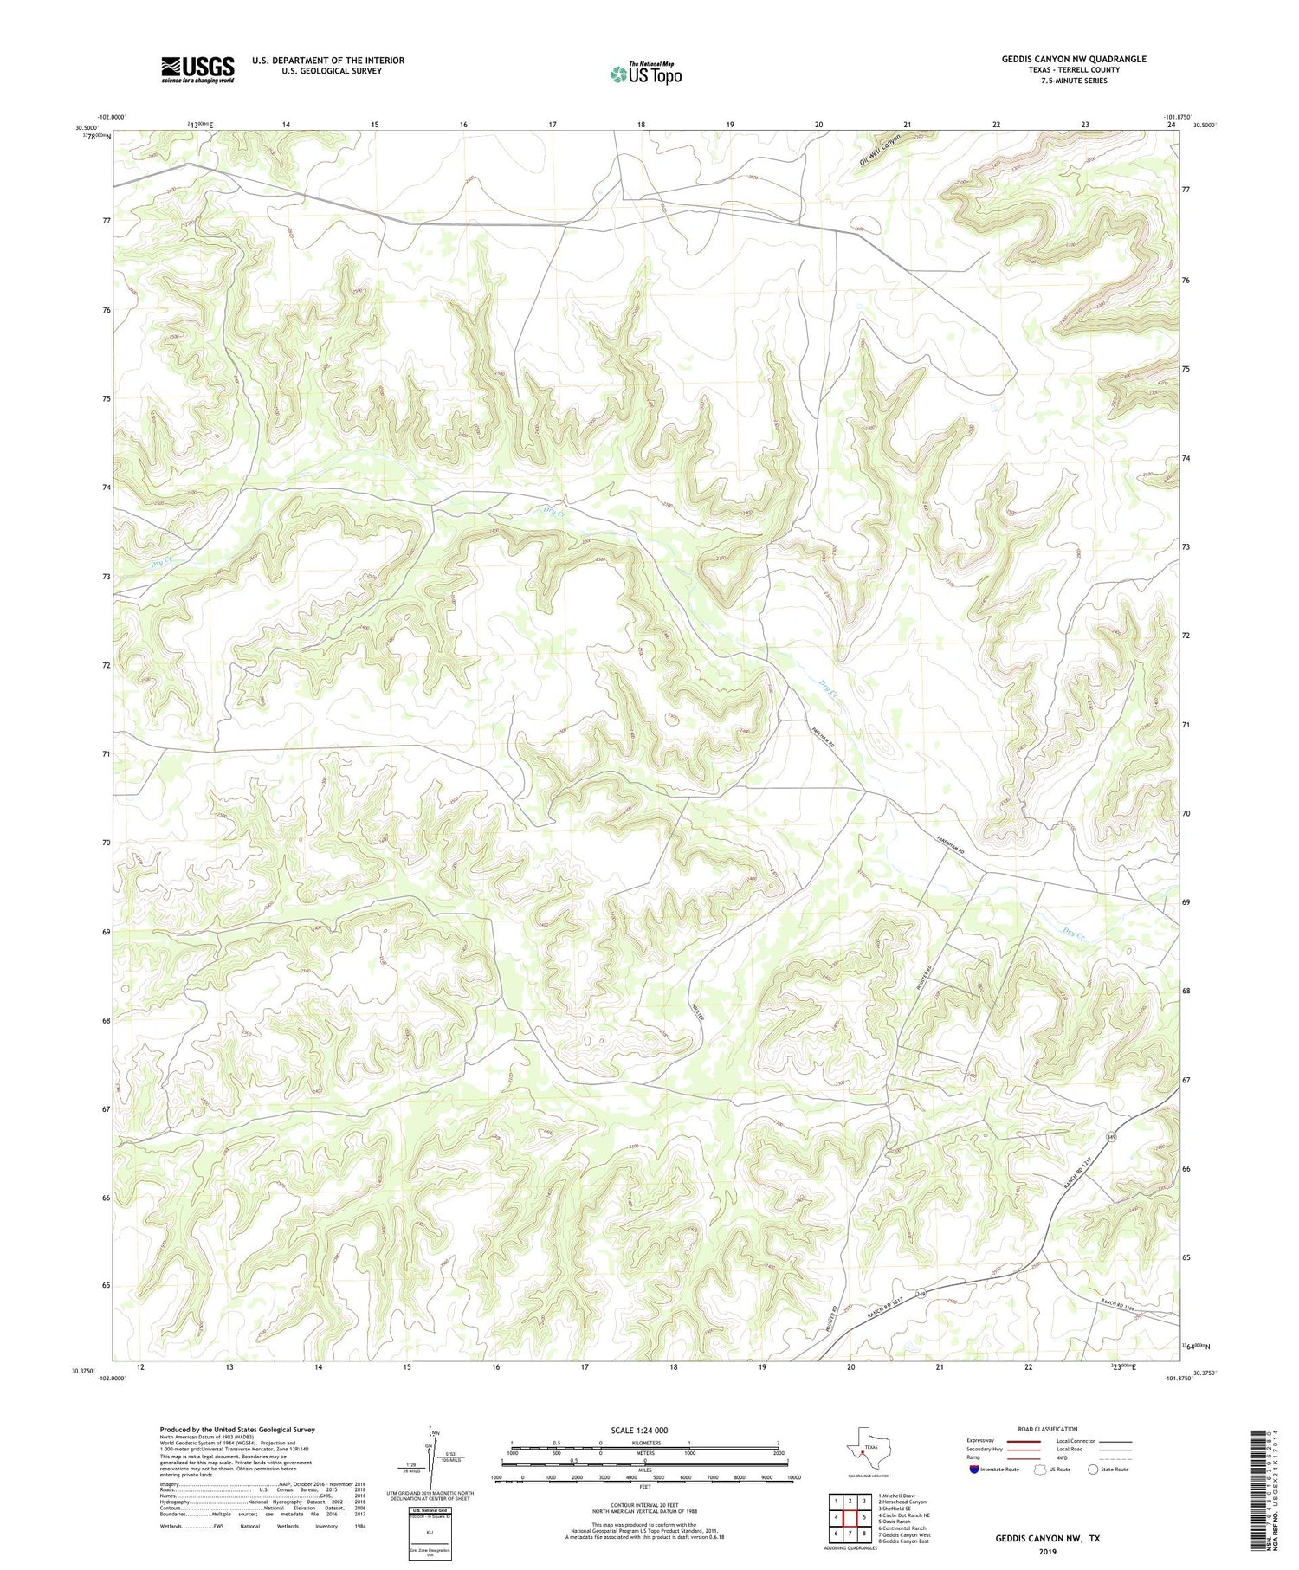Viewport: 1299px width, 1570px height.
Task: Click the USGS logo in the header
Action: click(197, 69)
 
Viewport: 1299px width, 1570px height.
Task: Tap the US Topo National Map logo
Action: click(646, 74)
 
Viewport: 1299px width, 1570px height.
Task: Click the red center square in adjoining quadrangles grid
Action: click(850, 1517)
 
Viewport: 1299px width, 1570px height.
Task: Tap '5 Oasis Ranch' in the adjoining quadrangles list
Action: click(894, 1521)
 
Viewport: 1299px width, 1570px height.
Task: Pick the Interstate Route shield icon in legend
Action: click(975, 1470)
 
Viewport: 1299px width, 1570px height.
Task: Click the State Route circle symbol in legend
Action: click(1093, 1470)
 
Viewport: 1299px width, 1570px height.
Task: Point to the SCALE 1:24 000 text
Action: click(645, 1430)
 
